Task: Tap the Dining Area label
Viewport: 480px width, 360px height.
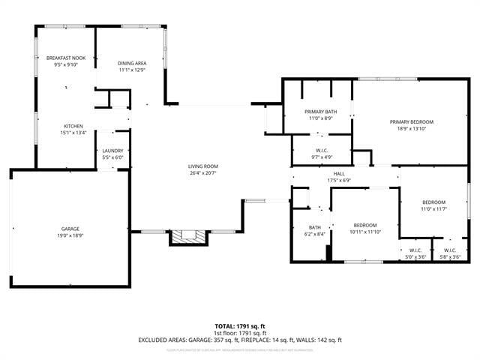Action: pos(131,63)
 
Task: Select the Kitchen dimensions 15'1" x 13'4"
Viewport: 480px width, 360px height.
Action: pos(73,133)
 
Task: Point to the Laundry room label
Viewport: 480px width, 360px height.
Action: pos(112,151)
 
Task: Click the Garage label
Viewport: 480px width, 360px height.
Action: pos(70,228)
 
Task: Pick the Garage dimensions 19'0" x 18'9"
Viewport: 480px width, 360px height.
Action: pos(70,235)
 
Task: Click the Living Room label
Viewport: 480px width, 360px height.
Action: pos(202,166)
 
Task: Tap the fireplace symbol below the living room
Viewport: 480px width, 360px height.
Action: pos(187,237)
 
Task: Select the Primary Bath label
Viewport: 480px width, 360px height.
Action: pos(320,112)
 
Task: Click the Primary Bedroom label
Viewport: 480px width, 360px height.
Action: pos(412,121)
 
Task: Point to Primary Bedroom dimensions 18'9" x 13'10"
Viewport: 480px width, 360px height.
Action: pos(412,128)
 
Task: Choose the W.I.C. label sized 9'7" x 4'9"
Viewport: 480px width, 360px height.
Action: pos(321,151)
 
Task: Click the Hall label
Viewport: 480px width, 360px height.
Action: pos(338,173)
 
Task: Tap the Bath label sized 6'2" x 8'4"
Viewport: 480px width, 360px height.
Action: pos(315,227)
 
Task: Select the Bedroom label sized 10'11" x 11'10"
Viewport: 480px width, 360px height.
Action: pos(365,225)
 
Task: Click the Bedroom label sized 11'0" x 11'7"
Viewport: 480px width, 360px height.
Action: pos(433,202)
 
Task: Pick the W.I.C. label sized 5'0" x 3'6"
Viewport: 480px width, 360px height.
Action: pos(415,250)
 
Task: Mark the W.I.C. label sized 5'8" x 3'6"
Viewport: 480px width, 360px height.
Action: pos(450,250)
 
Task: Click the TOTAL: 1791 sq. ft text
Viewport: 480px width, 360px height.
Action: pos(239,326)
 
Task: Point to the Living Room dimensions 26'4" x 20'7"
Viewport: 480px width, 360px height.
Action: pos(202,172)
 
